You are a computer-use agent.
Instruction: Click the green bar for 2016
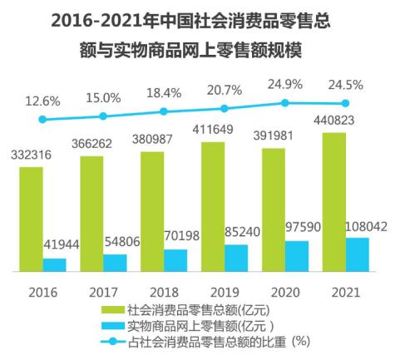click(x=32, y=219)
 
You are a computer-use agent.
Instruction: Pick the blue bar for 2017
click(x=116, y=262)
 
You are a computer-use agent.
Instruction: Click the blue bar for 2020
click(x=297, y=255)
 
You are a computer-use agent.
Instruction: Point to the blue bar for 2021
click(x=357, y=254)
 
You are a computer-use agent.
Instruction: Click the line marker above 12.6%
click(x=43, y=119)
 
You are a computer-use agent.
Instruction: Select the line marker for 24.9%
click(x=285, y=102)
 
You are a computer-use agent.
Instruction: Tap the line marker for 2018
click(x=164, y=111)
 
